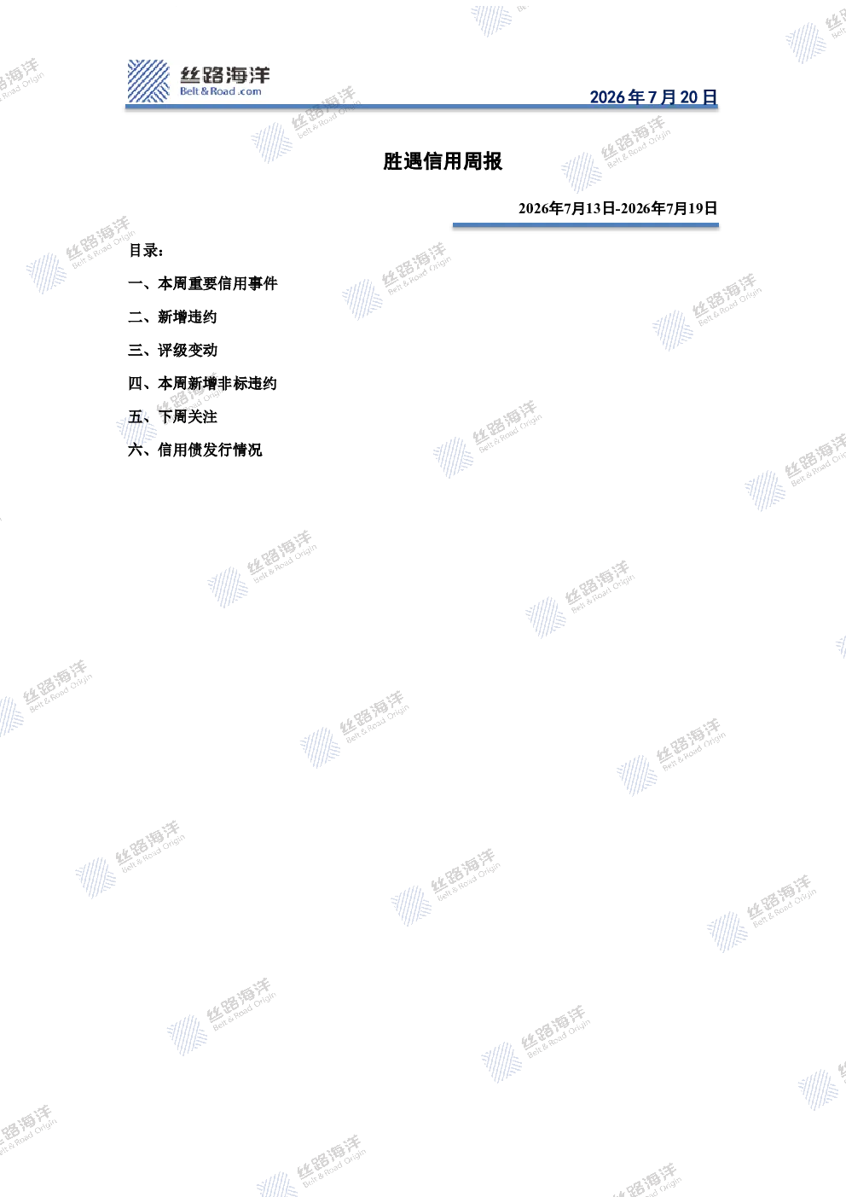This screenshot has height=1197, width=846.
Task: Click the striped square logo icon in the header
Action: (148, 81)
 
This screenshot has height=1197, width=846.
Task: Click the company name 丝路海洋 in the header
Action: (225, 75)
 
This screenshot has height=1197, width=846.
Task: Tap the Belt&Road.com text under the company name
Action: (221, 91)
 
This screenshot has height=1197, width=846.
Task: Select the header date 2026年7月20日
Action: (653, 96)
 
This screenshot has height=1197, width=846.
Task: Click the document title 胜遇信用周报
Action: (443, 161)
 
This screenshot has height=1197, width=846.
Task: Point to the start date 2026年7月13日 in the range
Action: (566, 208)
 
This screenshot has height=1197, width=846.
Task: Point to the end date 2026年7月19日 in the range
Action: (669, 208)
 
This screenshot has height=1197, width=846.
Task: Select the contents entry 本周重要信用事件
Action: (217, 283)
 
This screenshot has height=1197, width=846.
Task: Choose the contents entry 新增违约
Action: (188, 317)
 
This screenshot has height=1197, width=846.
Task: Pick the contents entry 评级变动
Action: (188, 350)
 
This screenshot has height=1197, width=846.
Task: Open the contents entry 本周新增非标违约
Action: (217, 383)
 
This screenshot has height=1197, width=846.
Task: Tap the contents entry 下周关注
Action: (188, 416)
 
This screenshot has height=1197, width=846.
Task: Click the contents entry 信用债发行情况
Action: (210, 450)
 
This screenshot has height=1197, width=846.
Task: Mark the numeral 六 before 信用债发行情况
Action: (135, 450)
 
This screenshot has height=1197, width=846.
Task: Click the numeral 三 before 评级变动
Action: (135, 350)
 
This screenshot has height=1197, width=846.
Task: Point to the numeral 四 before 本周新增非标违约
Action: (135, 383)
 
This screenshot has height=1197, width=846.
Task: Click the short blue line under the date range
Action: (585, 225)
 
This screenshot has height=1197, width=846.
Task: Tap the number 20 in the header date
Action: (688, 97)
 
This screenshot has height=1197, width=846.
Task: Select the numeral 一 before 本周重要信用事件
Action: (135, 283)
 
